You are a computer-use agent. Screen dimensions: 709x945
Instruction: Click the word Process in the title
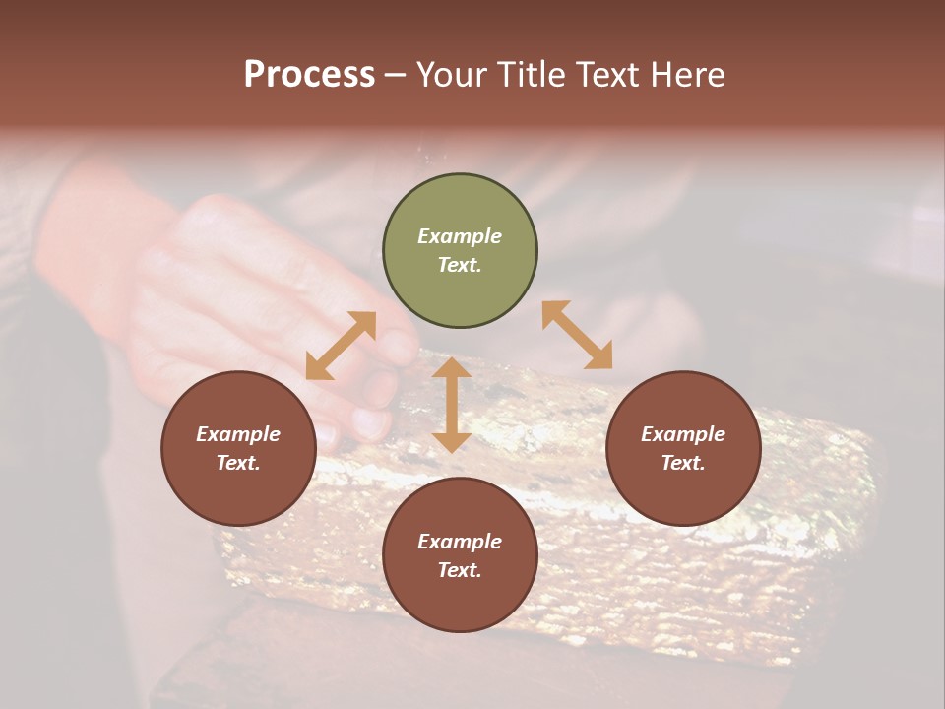click(x=309, y=75)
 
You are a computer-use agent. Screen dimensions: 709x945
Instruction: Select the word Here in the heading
click(x=687, y=75)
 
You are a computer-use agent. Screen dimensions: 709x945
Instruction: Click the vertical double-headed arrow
click(x=452, y=405)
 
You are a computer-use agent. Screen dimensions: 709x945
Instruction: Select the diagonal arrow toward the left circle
click(x=341, y=346)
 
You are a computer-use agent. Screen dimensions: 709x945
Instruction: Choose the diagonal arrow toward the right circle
click(x=577, y=335)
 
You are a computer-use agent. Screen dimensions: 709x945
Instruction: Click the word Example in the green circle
click(x=460, y=236)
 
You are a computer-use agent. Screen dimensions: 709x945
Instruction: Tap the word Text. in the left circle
click(x=238, y=463)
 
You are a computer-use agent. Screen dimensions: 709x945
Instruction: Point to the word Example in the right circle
click(x=683, y=434)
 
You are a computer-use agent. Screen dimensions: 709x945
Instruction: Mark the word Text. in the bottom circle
click(x=460, y=570)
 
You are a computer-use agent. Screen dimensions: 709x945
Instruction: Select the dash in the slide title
click(x=396, y=76)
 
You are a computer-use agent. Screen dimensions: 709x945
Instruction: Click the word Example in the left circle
click(x=238, y=434)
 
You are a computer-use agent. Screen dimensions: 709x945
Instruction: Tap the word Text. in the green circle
click(x=460, y=265)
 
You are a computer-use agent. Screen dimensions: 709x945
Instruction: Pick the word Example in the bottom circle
click(x=460, y=542)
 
